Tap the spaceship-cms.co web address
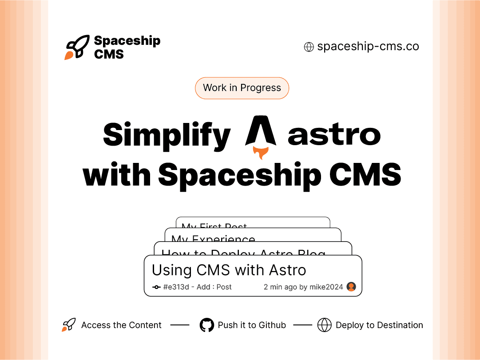coord(368,47)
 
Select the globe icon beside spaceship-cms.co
coord(309,47)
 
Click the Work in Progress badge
coord(242,88)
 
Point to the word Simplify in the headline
coord(167,135)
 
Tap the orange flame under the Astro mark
coord(261,153)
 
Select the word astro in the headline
coord(334,135)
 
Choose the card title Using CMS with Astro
coord(229,270)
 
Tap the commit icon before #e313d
coord(156,287)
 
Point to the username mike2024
coord(326,287)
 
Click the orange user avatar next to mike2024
coord(351,287)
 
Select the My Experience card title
coord(213,238)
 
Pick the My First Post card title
coord(214,225)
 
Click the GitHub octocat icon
coord(207,325)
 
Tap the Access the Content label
coord(121,325)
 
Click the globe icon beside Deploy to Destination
coord(325,325)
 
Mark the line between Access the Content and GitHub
coord(180,325)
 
